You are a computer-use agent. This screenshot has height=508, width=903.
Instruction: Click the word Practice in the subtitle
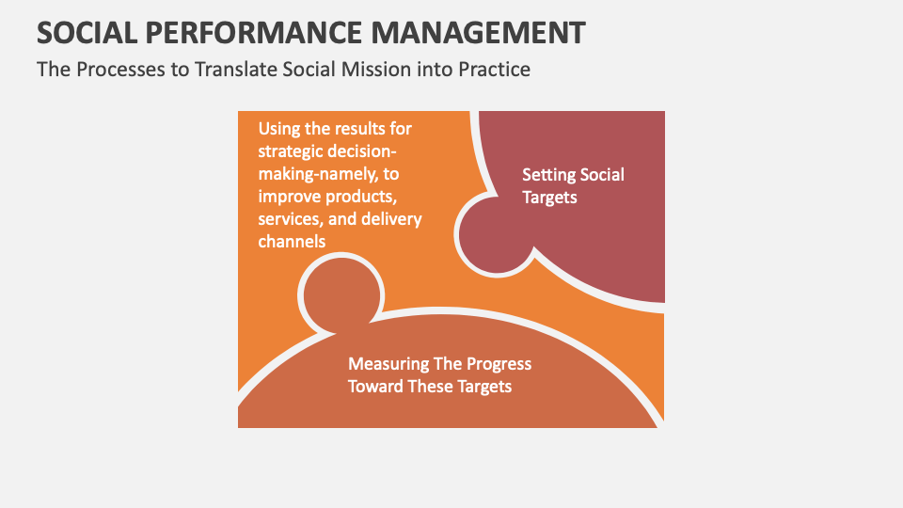point(493,70)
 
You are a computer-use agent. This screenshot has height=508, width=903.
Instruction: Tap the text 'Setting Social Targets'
point(573,186)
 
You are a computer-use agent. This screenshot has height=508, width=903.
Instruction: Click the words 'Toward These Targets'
point(430,387)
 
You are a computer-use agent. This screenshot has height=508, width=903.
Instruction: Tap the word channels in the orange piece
point(293,242)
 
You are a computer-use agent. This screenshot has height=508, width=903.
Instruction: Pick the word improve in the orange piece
point(288,197)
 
